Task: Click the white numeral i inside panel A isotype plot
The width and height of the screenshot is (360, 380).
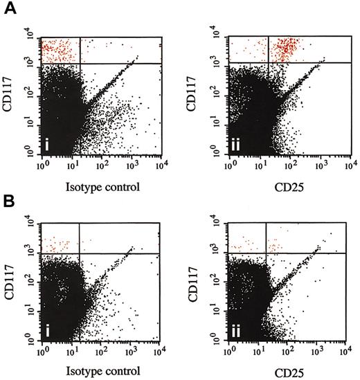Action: (x=48, y=144)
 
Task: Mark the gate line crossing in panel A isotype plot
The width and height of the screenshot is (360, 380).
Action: (x=81, y=64)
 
